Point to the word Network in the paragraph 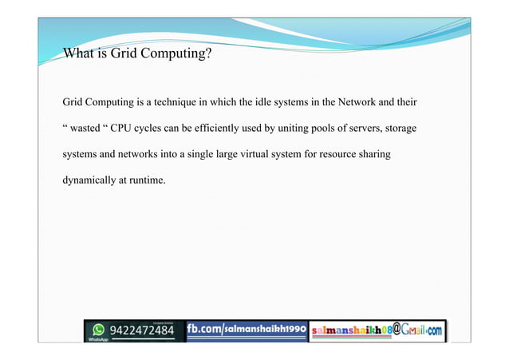(360, 103)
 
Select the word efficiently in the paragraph (237, 129)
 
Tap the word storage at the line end (401, 129)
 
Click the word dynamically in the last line (89, 180)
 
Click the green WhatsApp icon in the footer (99, 329)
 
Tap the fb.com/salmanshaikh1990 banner (247, 329)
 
